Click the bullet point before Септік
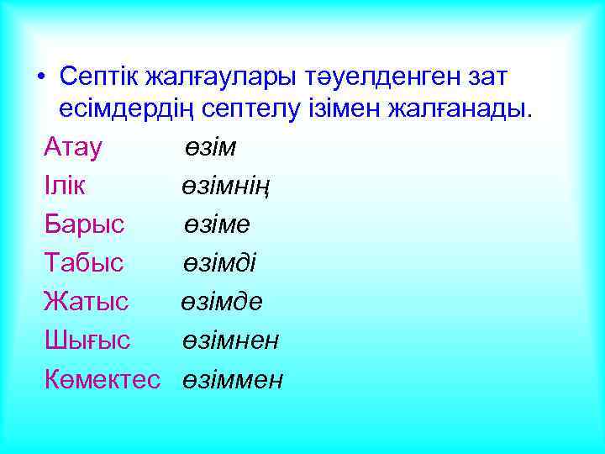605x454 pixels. (x=41, y=77)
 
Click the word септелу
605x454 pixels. (x=271, y=110)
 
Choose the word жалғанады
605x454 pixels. (x=452, y=110)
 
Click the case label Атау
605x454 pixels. (x=74, y=148)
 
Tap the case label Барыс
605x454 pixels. (x=85, y=224)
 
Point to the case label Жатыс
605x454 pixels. (x=86, y=302)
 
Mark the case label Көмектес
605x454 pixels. (x=103, y=379)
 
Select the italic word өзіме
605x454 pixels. (x=218, y=224)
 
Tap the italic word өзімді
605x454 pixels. (x=221, y=263)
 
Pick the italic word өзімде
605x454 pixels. (x=222, y=302)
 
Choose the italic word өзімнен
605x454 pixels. (x=231, y=340)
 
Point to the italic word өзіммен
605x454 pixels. (x=234, y=379)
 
